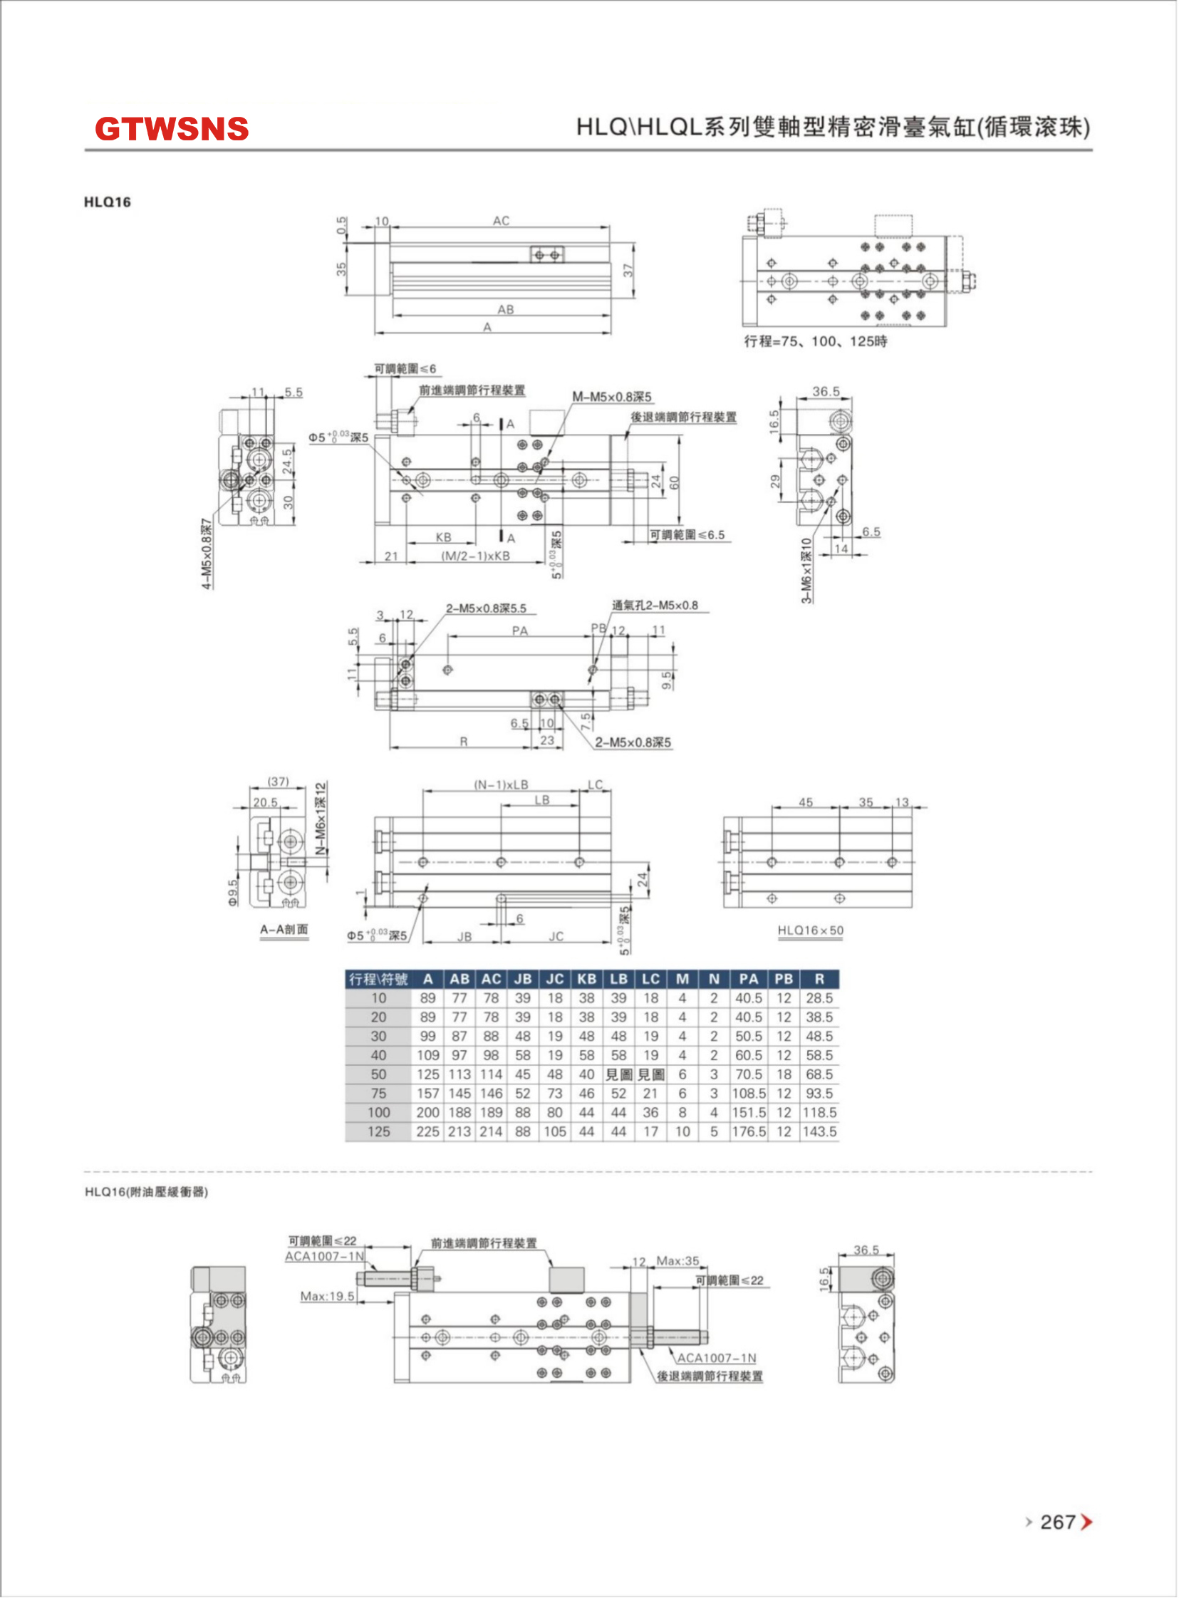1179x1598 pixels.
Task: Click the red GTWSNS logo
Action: coord(171,129)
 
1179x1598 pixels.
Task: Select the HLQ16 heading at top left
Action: coord(107,202)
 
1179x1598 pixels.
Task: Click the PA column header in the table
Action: coord(748,979)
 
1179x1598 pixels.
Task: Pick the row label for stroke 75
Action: coord(378,1094)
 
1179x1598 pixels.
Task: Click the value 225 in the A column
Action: coord(427,1131)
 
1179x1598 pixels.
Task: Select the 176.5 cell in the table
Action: coord(748,1131)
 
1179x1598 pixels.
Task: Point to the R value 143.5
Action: coord(819,1131)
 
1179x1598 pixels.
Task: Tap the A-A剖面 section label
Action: coord(284,929)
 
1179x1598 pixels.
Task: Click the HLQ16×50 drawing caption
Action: coord(810,930)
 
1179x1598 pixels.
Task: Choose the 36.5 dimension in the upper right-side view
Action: coord(826,391)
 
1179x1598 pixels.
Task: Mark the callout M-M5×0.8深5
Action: coord(612,397)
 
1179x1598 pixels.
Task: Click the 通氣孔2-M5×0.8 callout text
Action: coord(655,606)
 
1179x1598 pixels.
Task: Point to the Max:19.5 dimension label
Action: coord(327,1295)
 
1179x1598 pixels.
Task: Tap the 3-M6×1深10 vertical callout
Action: coord(806,571)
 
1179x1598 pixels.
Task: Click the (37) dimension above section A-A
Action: coord(278,782)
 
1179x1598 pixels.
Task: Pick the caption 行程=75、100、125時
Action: coord(815,341)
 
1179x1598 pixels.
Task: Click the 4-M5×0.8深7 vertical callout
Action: coord(207,554)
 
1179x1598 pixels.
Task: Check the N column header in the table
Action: coord(714,979)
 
